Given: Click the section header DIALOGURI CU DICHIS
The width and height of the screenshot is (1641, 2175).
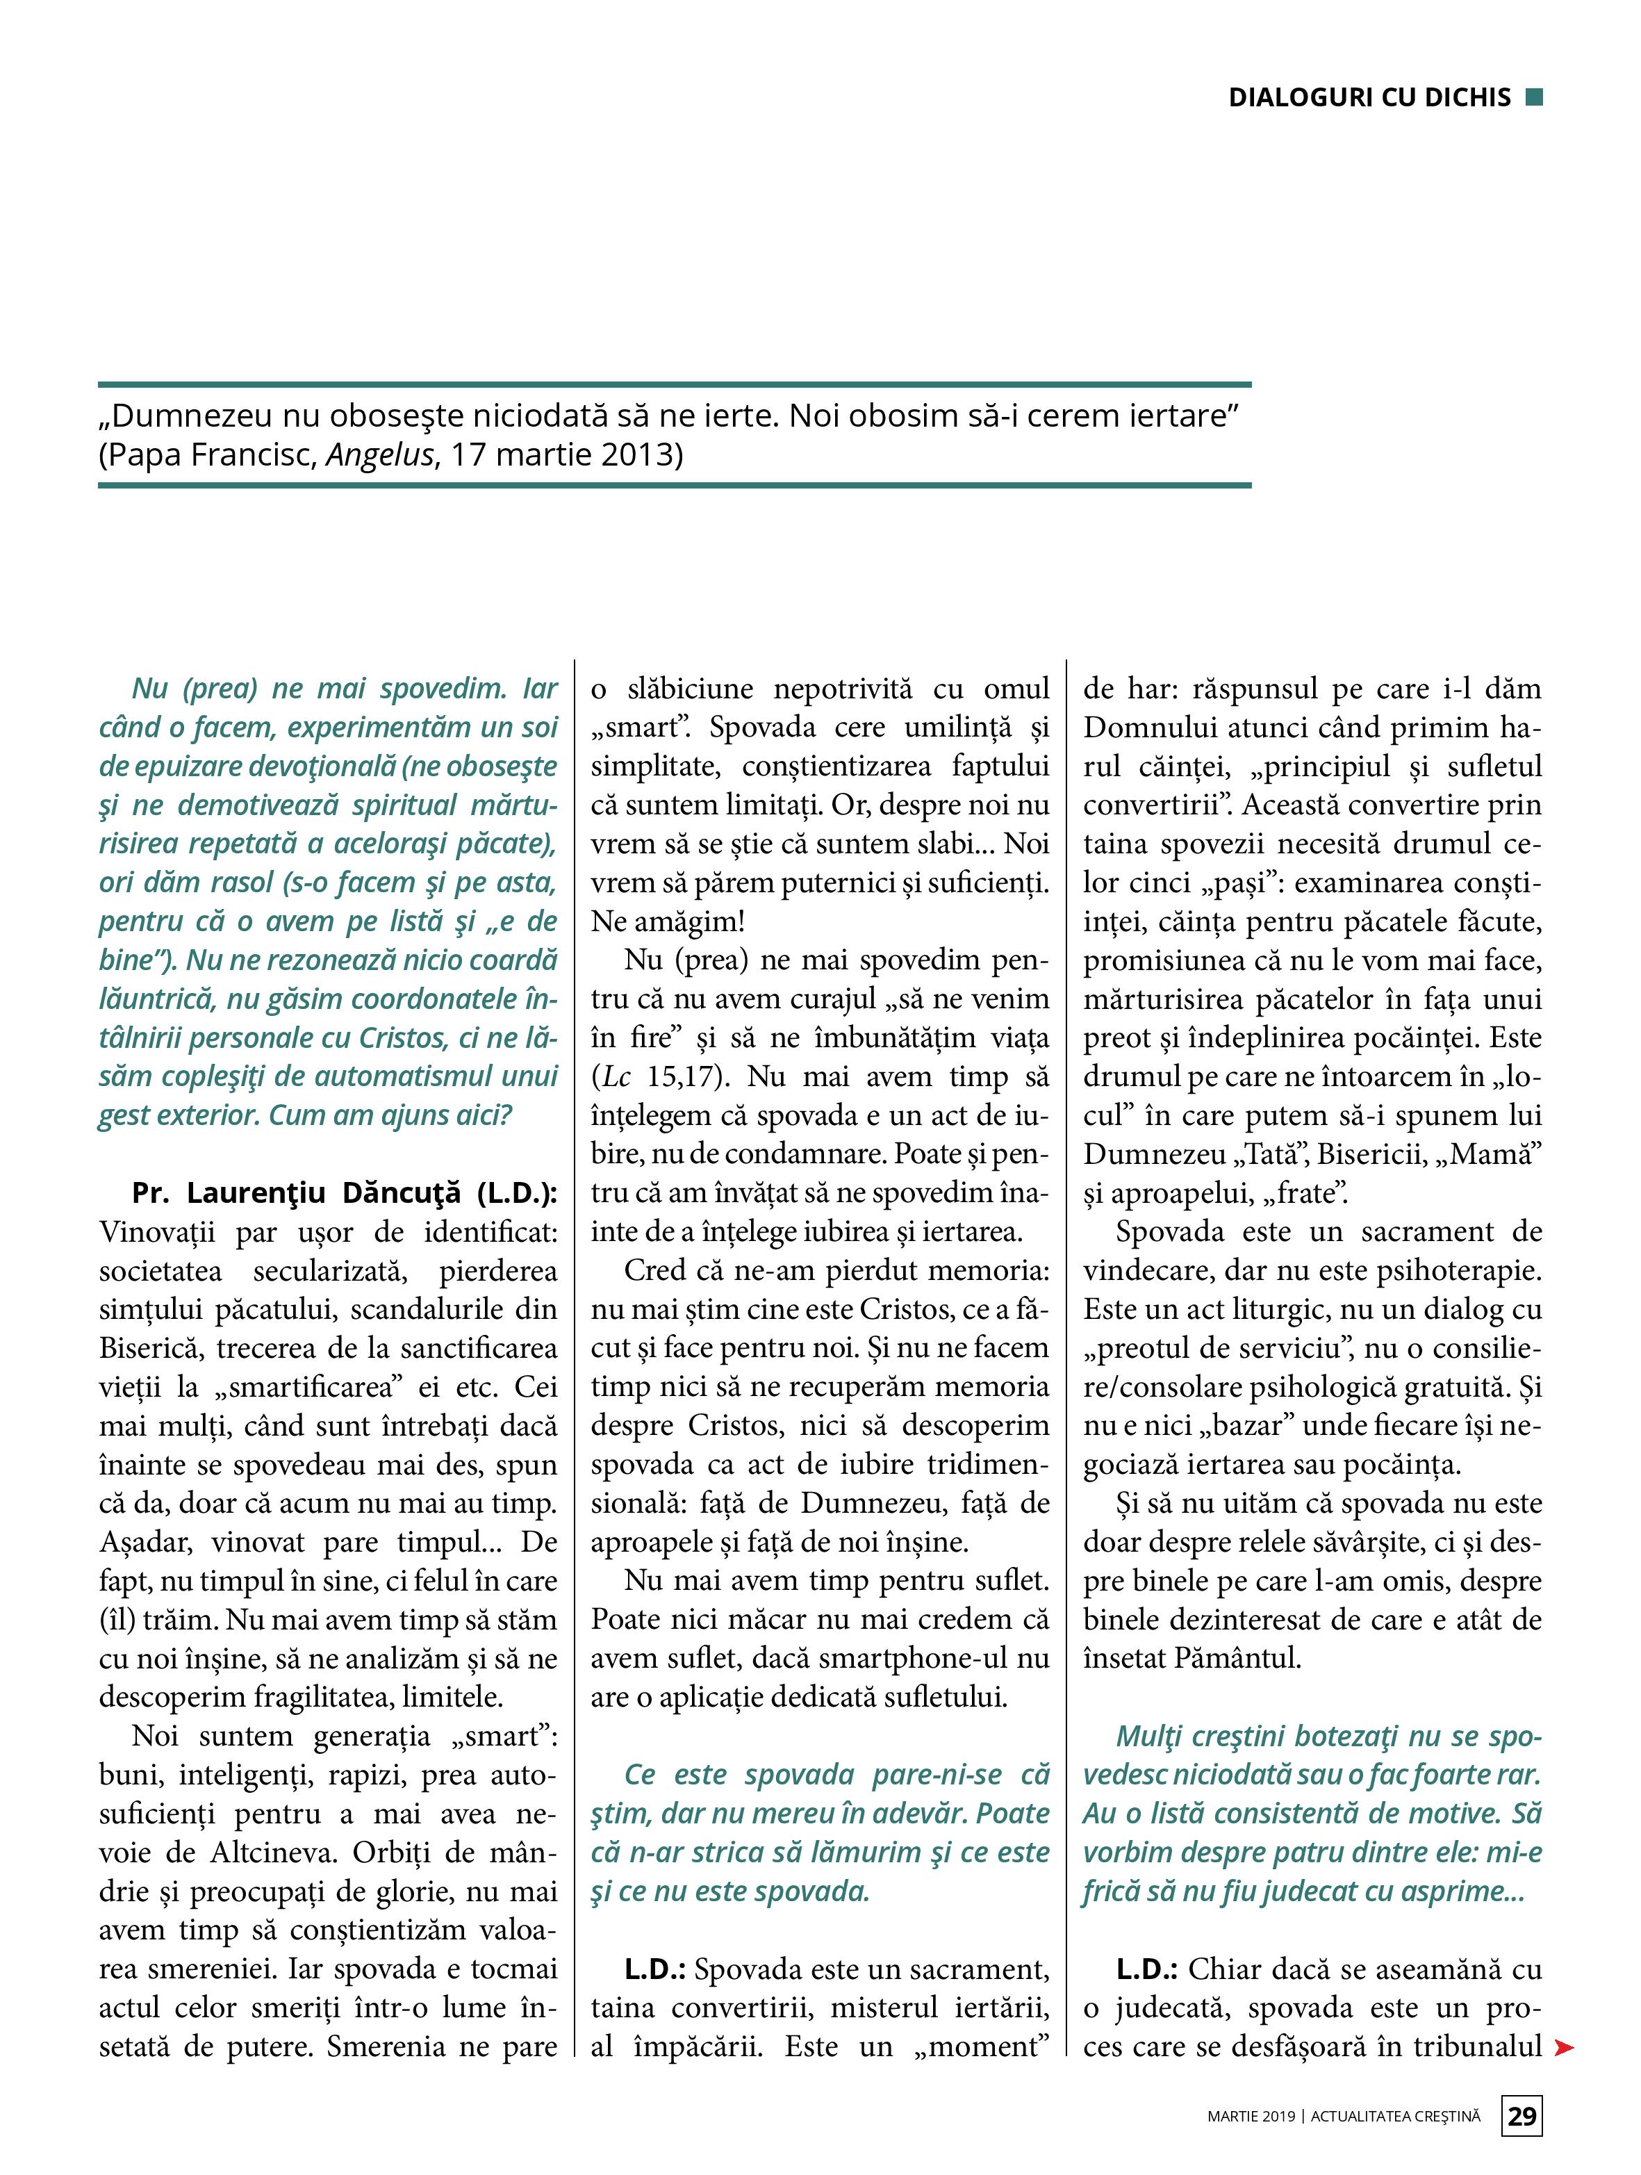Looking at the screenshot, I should [1369, 97].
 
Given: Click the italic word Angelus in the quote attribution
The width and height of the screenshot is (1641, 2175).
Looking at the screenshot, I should [381, 455].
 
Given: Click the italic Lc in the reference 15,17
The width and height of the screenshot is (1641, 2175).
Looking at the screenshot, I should [616, 1076].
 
